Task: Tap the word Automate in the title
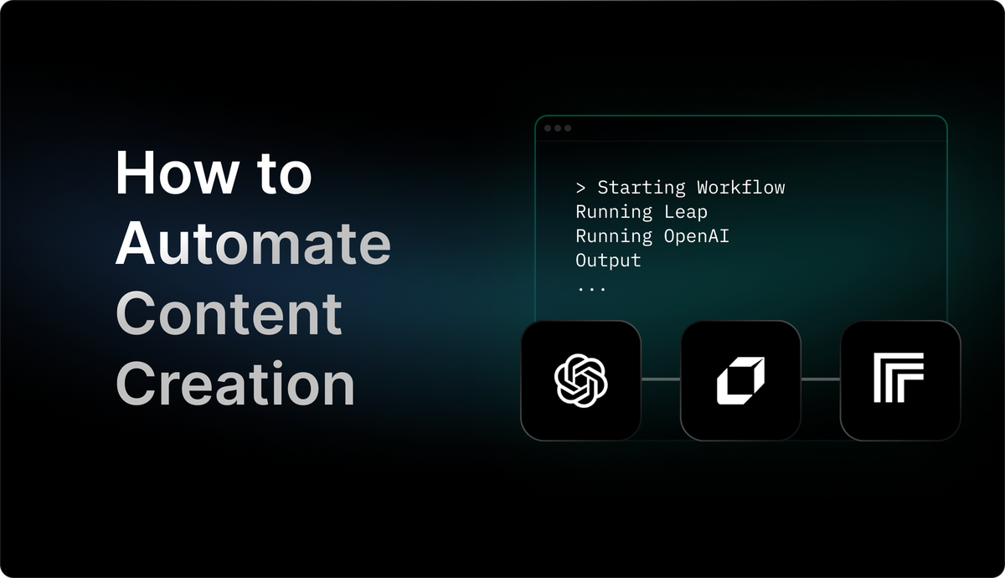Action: pyautogui.click(x=253, y=244)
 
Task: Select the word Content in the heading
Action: pyautogui.click(x=229, y=314)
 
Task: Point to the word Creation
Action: pyautogui.click(x=235, y=384)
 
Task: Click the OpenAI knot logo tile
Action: pyautogui.click(x=581, y=380)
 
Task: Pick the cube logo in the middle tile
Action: pyautogui.click(x=740, y=380)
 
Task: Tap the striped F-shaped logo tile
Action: pyautogui.click(x=899, y=380)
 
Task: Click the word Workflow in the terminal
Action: pyautogui.click(x=740, y=187)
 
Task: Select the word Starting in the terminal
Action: pyautogui.click(x=641, y=187)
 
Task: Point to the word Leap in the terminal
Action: pyautogui.click(x=685, y=212)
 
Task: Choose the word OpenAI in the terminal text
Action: pyautogui.click(x=696, y=236)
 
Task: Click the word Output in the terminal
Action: pyautogui.click(x=608, y=261)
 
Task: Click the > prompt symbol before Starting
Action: pyautogui.click(x=580, y=187)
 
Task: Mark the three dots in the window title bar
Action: pyautogui.click(x=558, y=128)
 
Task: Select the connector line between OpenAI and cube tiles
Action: pyautogui.click(x=661, y=379)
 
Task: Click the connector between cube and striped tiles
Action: pyautogui.click(x=820, y=379)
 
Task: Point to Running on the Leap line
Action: pyautogui.click(x=614, y=212)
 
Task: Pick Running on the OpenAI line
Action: pyautogui.click(x=614, y=236)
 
